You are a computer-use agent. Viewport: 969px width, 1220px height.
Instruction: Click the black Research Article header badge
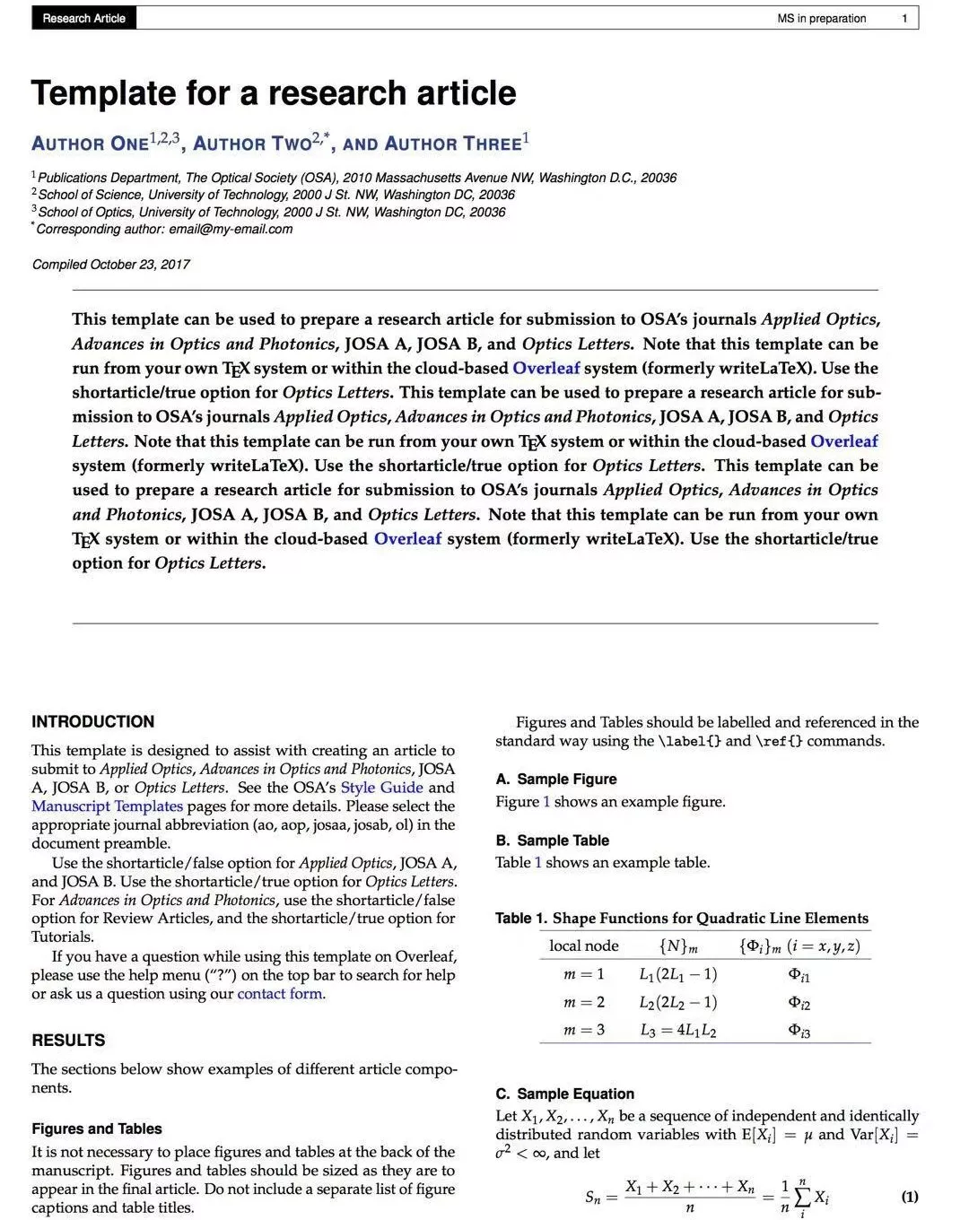(x=83, y=18)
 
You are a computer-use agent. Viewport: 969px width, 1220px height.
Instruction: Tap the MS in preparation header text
(x=821, y=18)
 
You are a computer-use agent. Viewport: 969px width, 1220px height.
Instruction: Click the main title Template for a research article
(x=274, y=93)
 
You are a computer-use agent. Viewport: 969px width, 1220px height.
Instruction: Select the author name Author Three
(x=452, y=144)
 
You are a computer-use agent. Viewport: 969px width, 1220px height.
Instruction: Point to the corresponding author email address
(x=231, y=229)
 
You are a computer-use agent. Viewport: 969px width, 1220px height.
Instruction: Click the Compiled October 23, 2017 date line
(x=111, y=264)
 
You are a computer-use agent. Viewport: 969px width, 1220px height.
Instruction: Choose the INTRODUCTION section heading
(x=92, y=721)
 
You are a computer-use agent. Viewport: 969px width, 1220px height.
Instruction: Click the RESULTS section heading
(x=68, y=1040)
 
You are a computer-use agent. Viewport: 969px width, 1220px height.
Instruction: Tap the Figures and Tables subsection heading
(x=97, y=1128)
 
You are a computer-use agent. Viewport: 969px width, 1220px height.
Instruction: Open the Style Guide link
(x=381, y=788)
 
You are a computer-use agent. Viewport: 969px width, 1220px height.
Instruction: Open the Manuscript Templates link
(x=107, y=806)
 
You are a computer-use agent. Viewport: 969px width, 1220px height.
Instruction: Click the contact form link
(x=280, y=993)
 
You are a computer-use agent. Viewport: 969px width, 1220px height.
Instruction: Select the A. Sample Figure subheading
(x=556, y=779)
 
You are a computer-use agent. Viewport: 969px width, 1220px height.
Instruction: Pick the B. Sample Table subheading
(x=552, y=841)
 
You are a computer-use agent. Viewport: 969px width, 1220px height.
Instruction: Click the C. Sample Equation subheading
(x=564, y=1094)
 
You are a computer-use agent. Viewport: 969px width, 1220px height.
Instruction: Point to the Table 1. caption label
(x=520, y=918)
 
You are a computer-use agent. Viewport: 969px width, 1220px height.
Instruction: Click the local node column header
(x=584, y=945)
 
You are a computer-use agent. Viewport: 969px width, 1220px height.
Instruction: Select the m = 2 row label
(x=584, y=1002)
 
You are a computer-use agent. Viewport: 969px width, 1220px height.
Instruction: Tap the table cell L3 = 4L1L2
(x=677, y=1031)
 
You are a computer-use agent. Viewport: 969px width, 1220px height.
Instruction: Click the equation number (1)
(x=909, y=1197)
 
